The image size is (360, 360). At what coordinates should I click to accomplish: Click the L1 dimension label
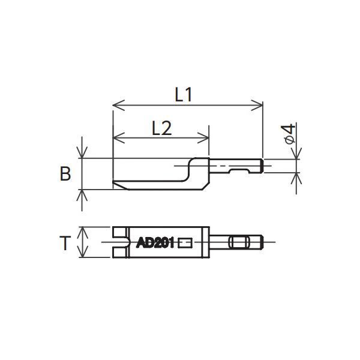pos(184,94)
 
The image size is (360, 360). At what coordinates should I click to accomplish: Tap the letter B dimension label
pos(65,174)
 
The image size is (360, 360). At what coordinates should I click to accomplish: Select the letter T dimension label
pos(66,243)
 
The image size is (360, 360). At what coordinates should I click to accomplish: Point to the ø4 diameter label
pos(289,133)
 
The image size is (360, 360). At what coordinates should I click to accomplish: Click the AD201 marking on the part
pos(155,243)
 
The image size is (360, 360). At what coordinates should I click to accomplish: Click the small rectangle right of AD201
pos(185,242)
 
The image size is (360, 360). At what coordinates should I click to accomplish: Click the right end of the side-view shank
pos(262,166)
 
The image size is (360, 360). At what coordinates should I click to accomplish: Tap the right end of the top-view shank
pos(262,242)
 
